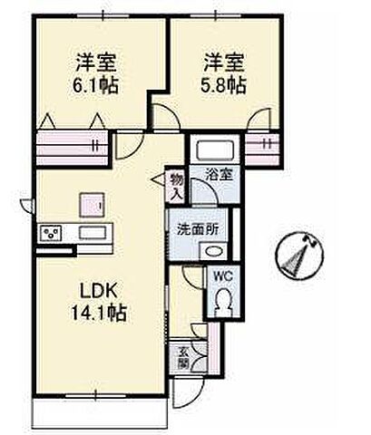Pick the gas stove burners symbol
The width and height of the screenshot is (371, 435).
coord(50,234)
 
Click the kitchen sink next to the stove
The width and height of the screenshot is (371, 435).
coord(91,234)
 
